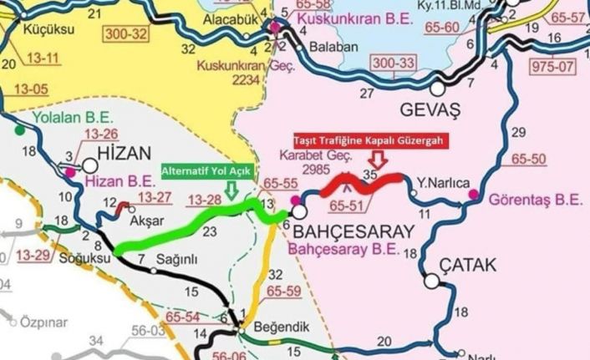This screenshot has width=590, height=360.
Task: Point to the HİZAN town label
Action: [128, 154]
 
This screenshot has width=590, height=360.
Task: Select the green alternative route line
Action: [192, 225]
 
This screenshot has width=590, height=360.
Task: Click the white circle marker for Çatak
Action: [431, 281]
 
